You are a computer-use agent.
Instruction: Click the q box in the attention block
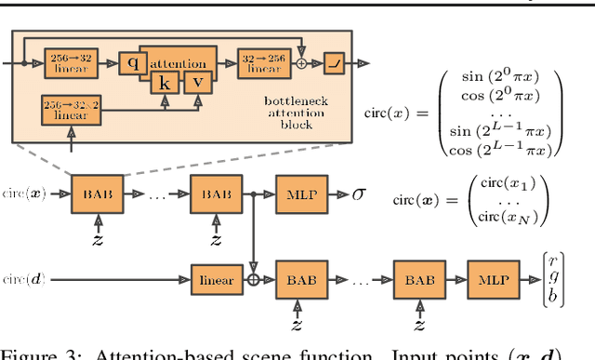[x=133, y=63]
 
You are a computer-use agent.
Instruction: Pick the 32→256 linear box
[x=260, y=63]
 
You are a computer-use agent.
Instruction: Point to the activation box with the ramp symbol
[x=333, y=64]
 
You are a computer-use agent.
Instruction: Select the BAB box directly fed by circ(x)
[x=98, y=197]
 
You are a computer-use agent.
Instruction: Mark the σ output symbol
[x=360, y=197]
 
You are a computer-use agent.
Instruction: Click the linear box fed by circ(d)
[x=217, y=277]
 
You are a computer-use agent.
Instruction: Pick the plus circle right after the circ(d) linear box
[x=254, y=277]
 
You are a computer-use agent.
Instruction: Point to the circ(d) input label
[x=20, y=277]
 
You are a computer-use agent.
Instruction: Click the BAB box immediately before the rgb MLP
[x=420, y=277]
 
